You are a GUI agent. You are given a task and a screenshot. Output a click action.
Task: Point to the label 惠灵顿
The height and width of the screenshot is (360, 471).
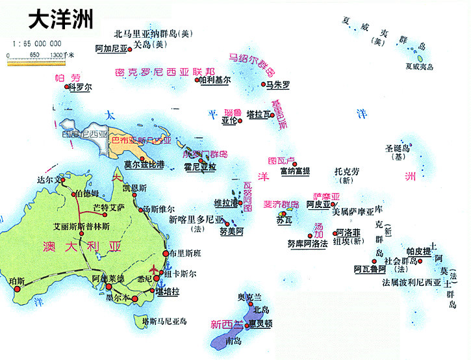259,322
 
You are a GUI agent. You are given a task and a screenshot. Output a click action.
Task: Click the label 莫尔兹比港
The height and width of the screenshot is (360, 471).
144,164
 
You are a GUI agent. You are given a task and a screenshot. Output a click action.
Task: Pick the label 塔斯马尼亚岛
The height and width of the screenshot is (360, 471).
164,320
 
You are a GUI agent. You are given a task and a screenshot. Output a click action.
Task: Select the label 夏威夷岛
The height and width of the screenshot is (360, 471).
418,66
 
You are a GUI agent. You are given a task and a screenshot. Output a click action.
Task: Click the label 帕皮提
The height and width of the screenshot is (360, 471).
418,251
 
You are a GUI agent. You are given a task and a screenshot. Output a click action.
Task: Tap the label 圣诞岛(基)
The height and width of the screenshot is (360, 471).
398,151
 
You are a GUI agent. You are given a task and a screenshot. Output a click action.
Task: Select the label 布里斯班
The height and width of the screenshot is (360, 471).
185,253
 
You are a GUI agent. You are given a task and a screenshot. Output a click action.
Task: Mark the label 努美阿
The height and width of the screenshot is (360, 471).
231,231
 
